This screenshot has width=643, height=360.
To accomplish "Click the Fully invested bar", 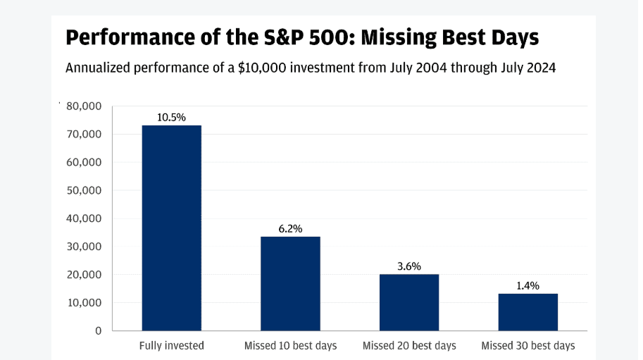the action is pos(171,228).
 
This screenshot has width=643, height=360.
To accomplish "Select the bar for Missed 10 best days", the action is pos(290,284).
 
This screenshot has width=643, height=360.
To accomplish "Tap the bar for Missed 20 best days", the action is pos(409,303).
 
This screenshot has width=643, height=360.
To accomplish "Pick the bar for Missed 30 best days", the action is pos(527,312).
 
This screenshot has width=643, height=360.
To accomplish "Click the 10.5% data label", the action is pos(171,118).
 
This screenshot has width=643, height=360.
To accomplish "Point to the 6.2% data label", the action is pos(290,229).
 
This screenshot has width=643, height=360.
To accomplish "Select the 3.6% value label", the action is pos(409,266).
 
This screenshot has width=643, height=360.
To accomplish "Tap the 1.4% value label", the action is pos(527,286).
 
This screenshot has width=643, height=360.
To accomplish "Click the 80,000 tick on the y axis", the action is pos(84,106).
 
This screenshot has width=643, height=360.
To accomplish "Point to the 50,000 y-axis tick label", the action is pos(84,190).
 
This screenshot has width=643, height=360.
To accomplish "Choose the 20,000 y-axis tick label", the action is pos(84,275).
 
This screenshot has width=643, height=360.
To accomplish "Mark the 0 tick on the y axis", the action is pos(99,331).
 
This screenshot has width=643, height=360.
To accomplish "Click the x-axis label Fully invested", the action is pos(171,346).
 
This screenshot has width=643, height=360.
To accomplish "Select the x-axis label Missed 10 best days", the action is pos(290,346).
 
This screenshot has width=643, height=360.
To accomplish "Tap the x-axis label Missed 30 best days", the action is pos(527,346).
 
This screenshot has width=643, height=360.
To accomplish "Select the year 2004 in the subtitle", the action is pos(430,68).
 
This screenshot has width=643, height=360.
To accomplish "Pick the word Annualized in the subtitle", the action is pos(98,68).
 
